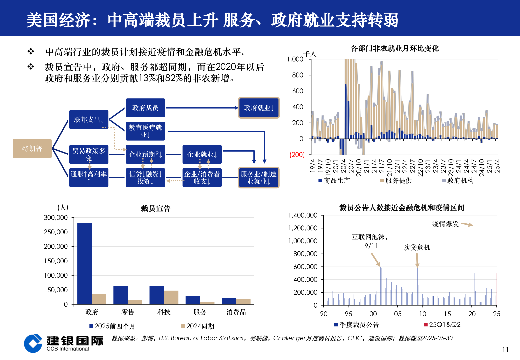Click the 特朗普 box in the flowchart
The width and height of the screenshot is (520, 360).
pos(32,149)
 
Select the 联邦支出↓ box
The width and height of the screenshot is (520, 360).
pos(89,119)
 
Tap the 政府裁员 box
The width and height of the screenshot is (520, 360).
pos(145,108)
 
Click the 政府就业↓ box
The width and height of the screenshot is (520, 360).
pos(259,108)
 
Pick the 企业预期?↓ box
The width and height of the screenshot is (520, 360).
pos(145,154)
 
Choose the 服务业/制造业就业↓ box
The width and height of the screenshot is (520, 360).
pos(259,178)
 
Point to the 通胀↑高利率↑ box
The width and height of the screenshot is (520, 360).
pos(89,178)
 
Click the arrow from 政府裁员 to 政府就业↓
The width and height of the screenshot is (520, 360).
pos(202,108)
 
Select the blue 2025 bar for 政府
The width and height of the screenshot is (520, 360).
pos(84,263)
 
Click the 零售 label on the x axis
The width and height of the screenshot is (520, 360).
pos(128,312)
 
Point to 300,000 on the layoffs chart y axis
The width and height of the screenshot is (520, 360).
pos(56,218)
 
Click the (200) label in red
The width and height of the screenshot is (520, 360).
pos(297,155)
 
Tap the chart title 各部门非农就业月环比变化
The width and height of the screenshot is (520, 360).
pos(395,48)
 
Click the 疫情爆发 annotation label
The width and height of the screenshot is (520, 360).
pos(445,224)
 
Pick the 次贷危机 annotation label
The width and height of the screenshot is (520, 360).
pos(417,247)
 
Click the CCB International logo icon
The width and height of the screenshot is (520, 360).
pos(33,343)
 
